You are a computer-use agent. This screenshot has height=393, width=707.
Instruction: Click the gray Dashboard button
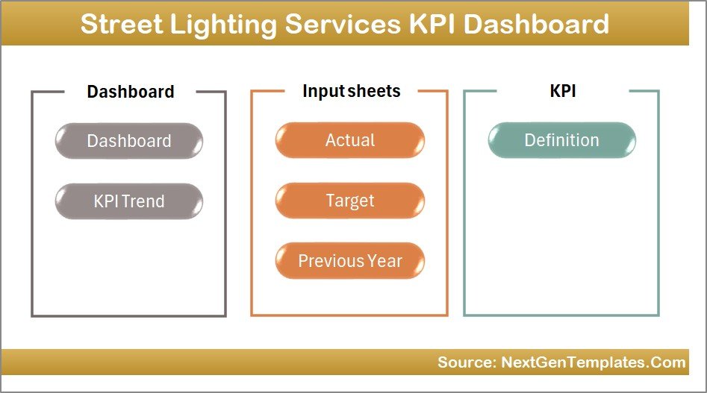(128, 141)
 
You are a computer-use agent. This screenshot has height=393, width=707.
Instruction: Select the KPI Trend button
(128, 201)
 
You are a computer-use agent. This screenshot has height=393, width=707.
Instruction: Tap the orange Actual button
(349, 140)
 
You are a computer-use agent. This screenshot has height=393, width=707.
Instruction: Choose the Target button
(349, 201)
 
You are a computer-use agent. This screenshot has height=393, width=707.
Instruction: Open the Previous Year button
(349, 261)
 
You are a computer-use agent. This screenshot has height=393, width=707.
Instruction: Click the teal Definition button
(561, 140)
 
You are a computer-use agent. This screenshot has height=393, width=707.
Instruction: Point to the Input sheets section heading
(351, 91)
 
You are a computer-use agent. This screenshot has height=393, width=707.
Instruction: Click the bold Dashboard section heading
(130, 92)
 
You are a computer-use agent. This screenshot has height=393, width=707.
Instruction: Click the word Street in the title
(121, 24)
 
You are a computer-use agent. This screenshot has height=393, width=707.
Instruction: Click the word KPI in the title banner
(433, 24)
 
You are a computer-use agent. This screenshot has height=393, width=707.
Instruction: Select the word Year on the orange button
(384, 261)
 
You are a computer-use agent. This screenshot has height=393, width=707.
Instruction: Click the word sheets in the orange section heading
(376, 91)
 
